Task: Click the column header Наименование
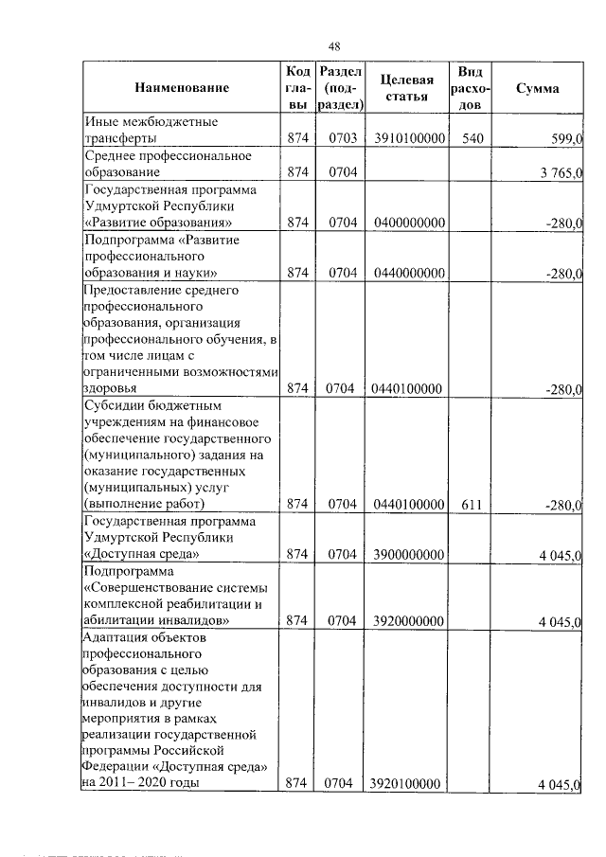point(183,88)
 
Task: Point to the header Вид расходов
point(471,88)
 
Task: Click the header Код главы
point(297,88)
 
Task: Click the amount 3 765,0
point(561,173)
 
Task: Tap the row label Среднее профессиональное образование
point(168,164)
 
